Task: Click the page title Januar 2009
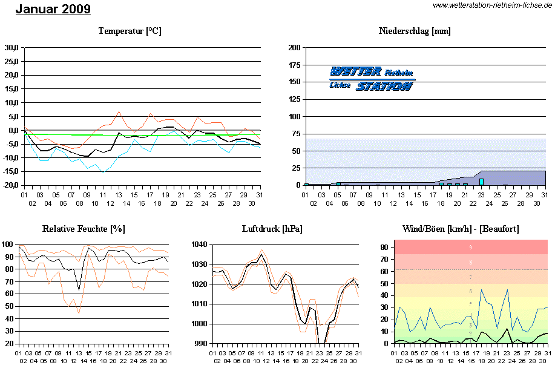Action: (x=53, y=9)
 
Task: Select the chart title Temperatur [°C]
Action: (x=130, y=31)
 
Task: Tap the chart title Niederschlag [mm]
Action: (x=415, y=31)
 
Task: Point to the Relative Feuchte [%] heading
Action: (x=84, y=228)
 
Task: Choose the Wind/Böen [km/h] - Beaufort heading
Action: (x=461, y=228)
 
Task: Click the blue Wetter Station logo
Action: (x=372, y=79)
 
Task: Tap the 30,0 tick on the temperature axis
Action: (x=11, y=47)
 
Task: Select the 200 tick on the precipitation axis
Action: (x=295, y=47)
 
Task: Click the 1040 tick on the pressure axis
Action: (x=200, y=245)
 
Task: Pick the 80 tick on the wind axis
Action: (x=383, y=248)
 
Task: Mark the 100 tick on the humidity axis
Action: (x=7, y=245)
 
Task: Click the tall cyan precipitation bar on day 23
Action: (x=482, y=181)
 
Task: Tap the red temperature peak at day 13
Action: (x=119, y=111)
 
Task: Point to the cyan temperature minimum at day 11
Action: (x=103, y=172)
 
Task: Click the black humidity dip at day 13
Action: (x=79, y=290)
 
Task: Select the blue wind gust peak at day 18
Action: (x=482, y=289)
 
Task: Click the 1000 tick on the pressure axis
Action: (x=200, y=324)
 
